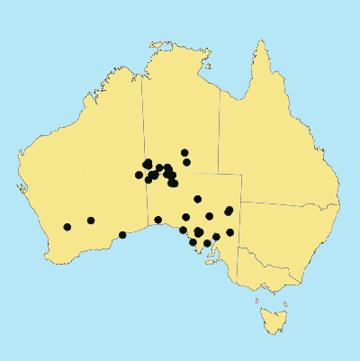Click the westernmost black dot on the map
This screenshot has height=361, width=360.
(67, 227)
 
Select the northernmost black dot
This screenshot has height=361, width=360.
(184, 153)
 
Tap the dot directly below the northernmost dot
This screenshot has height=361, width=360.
(186, 162)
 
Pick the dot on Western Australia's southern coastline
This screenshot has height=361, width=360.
(122, 235)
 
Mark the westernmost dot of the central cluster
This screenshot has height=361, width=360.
(139, 175)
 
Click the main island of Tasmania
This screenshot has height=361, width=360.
(271, 318)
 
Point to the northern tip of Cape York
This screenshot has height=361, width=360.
(262, 41)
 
